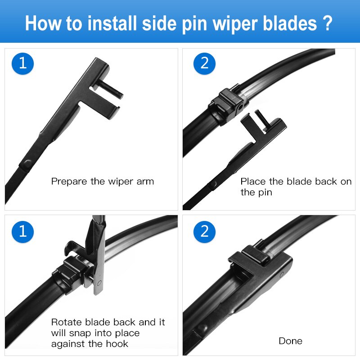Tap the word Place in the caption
[253, 182]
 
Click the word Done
[290, 341]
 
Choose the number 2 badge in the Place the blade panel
[205, 63]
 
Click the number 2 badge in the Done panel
[205, 232]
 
